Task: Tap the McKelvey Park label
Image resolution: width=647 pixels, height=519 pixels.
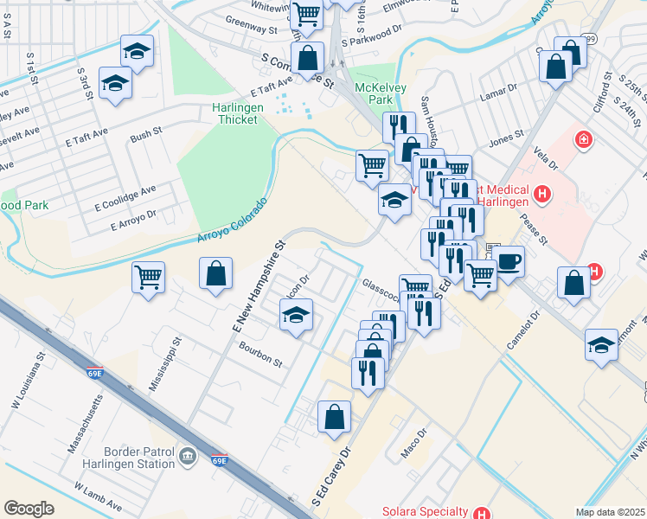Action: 375,93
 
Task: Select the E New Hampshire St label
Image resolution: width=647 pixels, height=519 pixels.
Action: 258,285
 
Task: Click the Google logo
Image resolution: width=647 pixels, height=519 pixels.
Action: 29,509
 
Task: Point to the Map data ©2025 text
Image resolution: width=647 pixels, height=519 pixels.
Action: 609,512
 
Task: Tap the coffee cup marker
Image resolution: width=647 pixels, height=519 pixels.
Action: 509,259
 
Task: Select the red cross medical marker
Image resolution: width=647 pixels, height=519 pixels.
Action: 584,138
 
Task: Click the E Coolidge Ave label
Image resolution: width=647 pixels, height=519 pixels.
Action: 125,198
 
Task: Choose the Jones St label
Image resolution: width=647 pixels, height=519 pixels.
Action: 507,138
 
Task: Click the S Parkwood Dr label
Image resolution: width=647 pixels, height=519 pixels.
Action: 373,35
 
